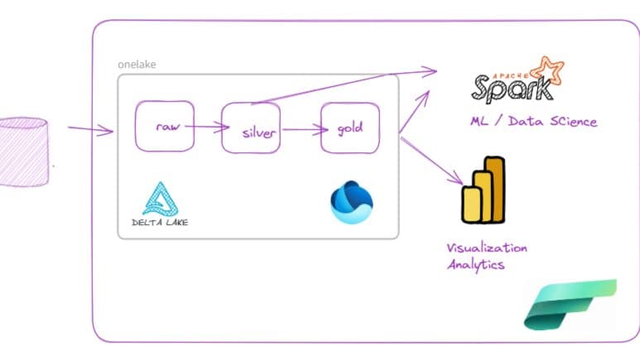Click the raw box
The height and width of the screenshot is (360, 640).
(165, 127)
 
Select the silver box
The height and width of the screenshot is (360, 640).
(251, 130)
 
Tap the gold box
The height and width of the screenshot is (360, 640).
(349, 128)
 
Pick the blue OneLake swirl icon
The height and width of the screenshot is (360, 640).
(351, 202)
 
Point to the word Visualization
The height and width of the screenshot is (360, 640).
(487, 247)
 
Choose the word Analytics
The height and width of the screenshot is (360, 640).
(475, 265)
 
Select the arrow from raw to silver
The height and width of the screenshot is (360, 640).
(207, 127)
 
